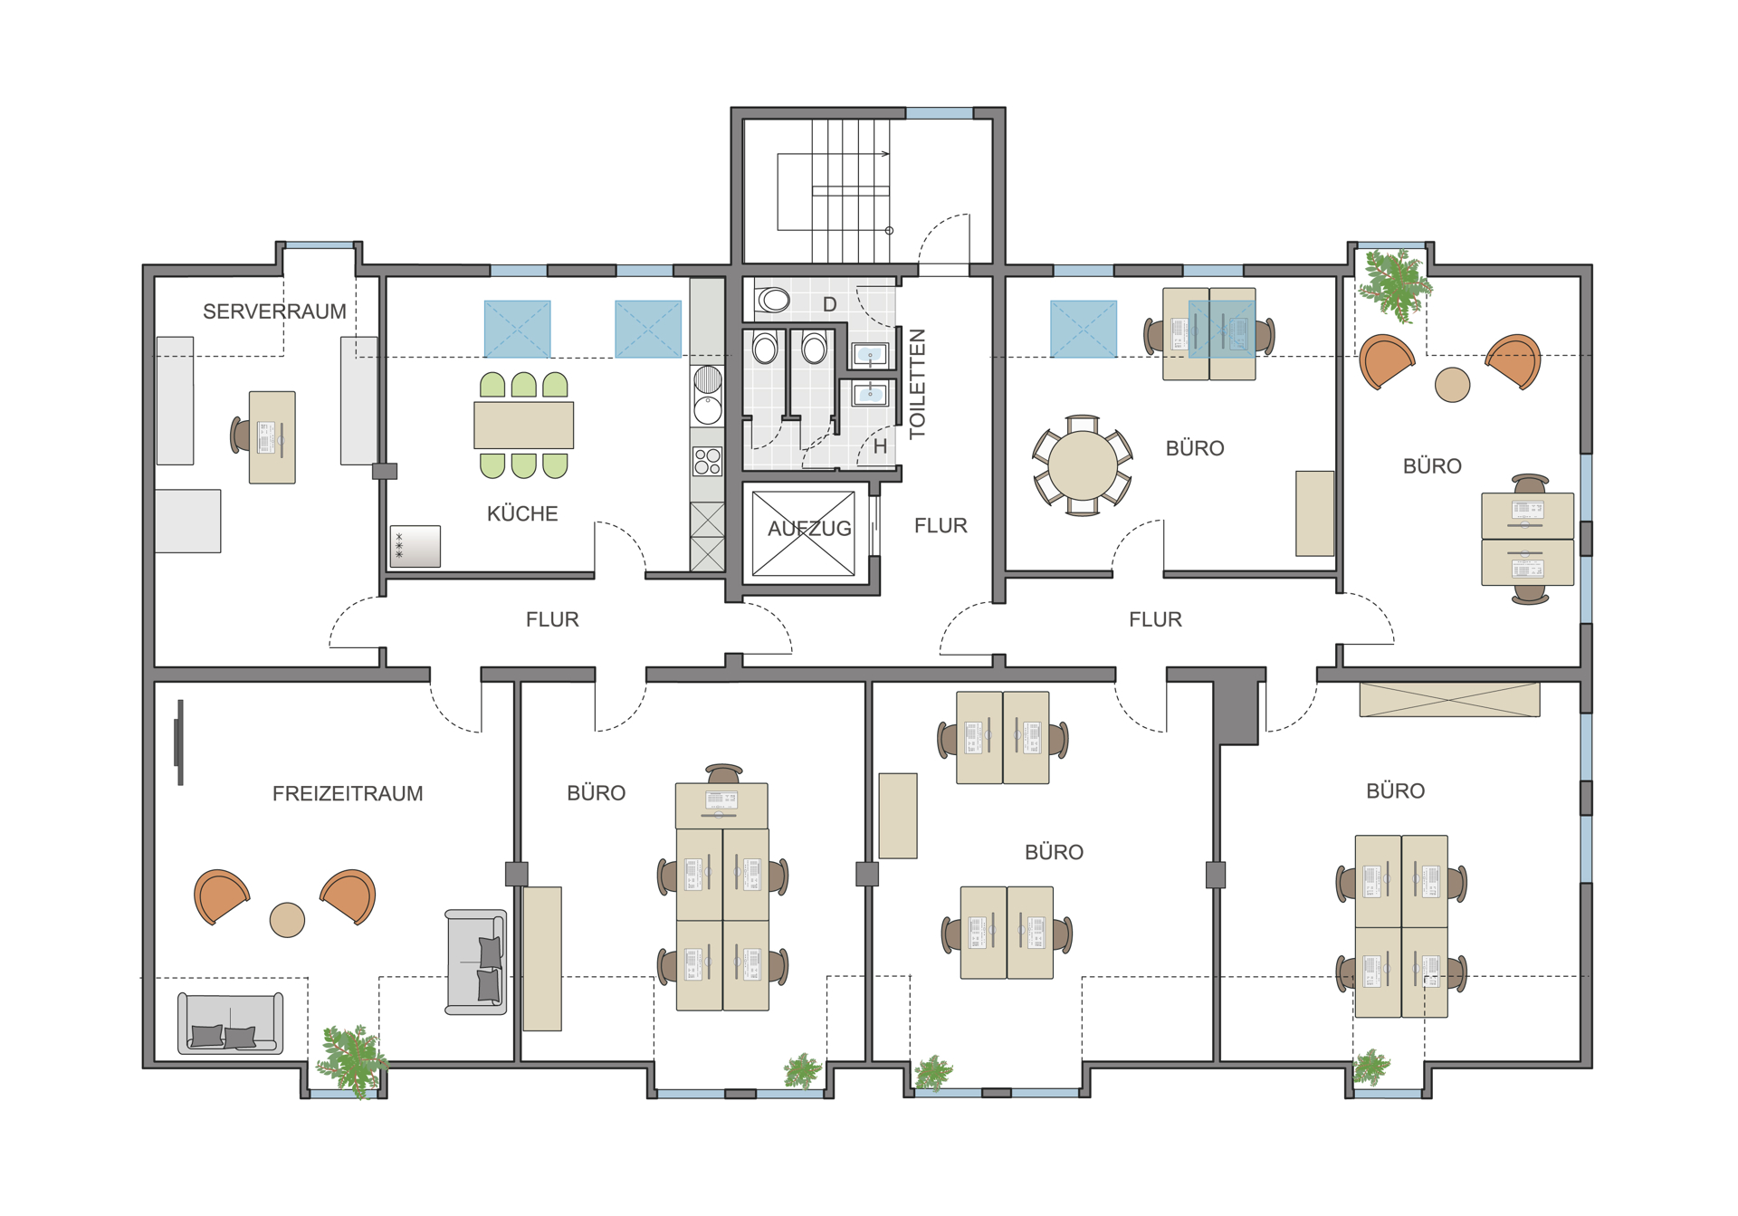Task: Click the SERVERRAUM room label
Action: tap(274, 311)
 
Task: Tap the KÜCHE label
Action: tap(522, 513)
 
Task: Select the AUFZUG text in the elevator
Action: tap(809, 529)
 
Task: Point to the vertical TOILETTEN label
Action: tap(917, 383)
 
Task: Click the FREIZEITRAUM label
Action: tap(348, 793)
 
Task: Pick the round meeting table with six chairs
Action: tap(1083, 465)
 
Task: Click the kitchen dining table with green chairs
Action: tap(523, 426)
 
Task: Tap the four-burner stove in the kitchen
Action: tap(708, 462)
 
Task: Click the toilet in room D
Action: tap(771, 299)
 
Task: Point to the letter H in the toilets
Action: tap(880, 446)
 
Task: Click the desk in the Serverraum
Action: tap(272, 437)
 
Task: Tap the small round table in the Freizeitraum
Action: tap(287, 920)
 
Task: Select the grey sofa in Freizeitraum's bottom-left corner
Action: tap(230, 1023)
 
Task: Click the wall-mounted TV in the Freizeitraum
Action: tap(179, 742)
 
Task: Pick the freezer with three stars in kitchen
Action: tap(415, 547)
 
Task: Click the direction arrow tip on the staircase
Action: tap(889, 154)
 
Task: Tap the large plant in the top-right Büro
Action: tap(1396, 285)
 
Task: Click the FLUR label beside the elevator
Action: tap(941, 526)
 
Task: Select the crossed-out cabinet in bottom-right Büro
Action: tap(1449, 700)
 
